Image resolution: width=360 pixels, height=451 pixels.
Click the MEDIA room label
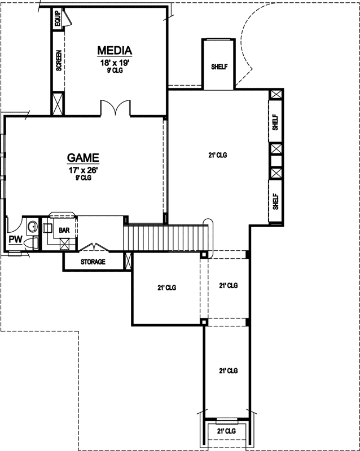(115, 51)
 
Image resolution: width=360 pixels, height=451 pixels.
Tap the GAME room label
(84, 158)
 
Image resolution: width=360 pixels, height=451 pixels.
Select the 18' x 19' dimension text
(115, 63)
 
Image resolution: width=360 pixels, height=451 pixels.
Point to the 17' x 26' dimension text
(84, 170)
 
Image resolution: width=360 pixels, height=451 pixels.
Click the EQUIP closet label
(58, 19)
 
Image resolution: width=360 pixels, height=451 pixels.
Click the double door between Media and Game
(116, 108)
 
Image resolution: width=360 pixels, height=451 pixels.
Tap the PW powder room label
(15, 240)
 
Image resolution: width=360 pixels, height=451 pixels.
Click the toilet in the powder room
(33, 243)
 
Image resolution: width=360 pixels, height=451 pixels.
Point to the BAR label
(64, 230)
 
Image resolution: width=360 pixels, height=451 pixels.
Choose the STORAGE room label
(93, 262)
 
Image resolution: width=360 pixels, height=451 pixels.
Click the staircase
(168, 237)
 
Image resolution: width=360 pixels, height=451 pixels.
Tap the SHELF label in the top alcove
(219, 67)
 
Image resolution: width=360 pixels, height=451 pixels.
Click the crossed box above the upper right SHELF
(275, 95)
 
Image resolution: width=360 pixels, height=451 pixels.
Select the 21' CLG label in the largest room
(217, 155)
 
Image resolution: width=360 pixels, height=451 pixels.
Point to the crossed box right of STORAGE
(128, 261)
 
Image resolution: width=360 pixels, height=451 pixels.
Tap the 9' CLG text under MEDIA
(115, 71)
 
